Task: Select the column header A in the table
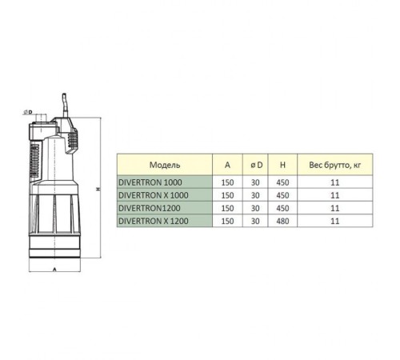(x=227, y=165)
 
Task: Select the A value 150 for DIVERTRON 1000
(x=227, y=182)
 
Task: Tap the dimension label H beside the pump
(x=96, y=190)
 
